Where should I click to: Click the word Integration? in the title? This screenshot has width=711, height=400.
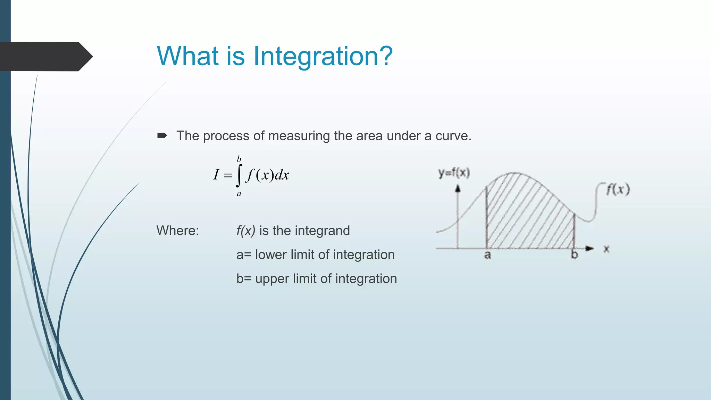pyautogui.click(x=323, y=56)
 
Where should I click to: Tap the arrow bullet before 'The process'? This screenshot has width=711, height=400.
pyautogui.click(x=162, y=135)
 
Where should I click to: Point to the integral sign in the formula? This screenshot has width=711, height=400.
pyautogui.click(x=239, y=175)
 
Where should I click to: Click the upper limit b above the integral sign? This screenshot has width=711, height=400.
pyautogui.click(x=239, y=159)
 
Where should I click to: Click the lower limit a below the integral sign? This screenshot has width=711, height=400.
pyautogui.click(x=239, y=194)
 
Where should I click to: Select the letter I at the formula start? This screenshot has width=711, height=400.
pyautogui.click(x=216, y=174)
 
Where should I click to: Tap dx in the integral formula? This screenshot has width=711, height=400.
pyautogui.click(x=282, y=175)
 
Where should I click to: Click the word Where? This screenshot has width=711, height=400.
pyautogui.click(x=178, y=231)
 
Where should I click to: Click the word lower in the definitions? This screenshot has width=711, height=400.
pyautogui.click(x=271, y=255)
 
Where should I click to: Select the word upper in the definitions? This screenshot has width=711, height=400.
pyautogui.click(x=272, y=278)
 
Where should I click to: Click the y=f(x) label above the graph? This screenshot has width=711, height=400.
pyautogui.click(x=454, y=173)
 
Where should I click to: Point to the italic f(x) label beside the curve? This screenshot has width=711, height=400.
pyautogui.click(x=618, y=190)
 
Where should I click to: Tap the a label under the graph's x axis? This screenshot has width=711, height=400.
pyautogui.click(x=487, y=255)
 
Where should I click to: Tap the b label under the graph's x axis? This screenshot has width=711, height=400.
pyautogui.click(x=575, y=255)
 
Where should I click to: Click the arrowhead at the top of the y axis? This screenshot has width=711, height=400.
pyautogui.click(x=458, y=189)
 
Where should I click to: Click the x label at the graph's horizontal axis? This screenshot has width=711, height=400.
pyautogui.click(x=606, y=249)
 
